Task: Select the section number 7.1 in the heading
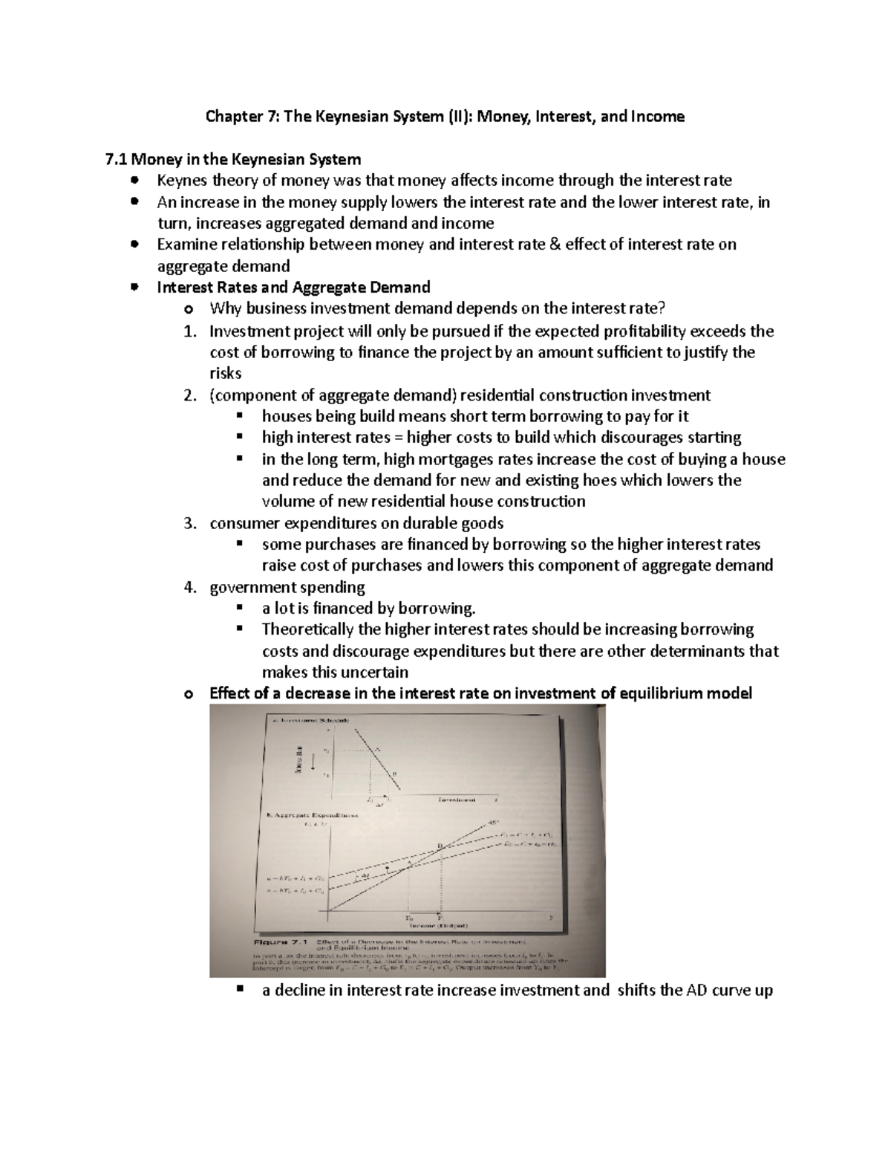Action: [x=117, y=159]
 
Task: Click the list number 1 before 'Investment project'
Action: [x=189, y=331]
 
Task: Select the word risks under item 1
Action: [x=226, y=374]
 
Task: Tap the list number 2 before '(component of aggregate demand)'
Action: [x=189, y=395]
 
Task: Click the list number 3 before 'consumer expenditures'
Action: [x=189, y=524]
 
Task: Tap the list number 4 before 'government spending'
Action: [x=189, y=588]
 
